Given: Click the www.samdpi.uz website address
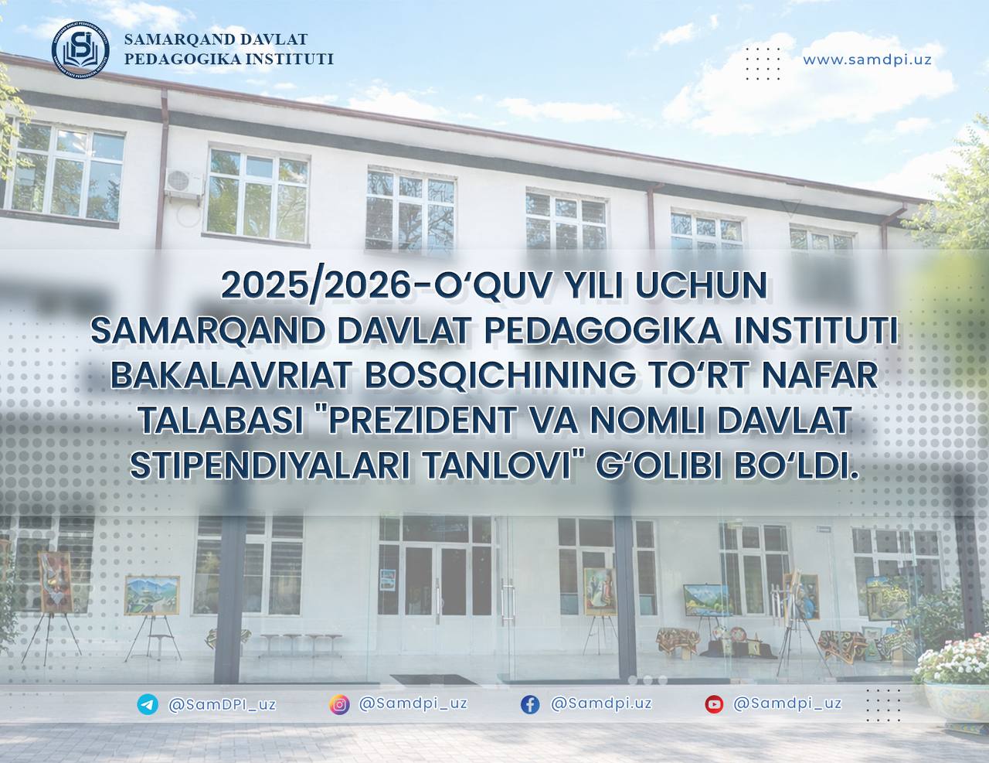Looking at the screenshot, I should pyautogui.click(x=867, y=60).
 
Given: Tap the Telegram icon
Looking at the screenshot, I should pyautogui.click(x=147, y=704).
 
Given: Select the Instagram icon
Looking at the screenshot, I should pyautogui.click(x=339, y=704).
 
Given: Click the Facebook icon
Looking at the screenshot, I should pyautogui.click(x=530, y=704).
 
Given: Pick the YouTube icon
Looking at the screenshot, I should pyautogui.click(x=714, y=704).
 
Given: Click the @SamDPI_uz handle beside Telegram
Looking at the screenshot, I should pyautogui.click(x=222, y=704).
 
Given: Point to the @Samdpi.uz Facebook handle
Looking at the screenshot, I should pyautogui.click(x=600, y=703).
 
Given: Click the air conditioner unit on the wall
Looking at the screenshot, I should pyautogui.click(x=186, y=180).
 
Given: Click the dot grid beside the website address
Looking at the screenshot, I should pyautogui.click(x=763, y=62).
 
